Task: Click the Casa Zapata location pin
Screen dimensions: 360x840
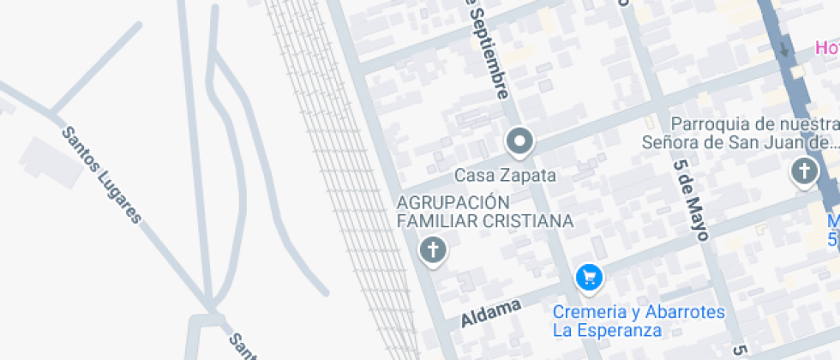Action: click(519, 141)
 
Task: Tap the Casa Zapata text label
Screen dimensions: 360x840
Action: click(505, 176)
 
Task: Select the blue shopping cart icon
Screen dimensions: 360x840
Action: click(589, 276)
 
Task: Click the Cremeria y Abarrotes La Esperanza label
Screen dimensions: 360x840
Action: click(639, 321)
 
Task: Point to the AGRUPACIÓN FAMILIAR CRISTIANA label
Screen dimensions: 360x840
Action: click(484, 212)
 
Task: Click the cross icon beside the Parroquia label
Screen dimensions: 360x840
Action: click(804, 172)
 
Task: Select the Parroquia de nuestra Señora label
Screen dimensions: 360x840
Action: click(740, 133)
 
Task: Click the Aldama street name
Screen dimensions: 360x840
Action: click(491, 313)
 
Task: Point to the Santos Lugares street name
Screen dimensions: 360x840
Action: click(100, 175)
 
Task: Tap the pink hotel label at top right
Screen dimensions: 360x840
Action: click(825, 49)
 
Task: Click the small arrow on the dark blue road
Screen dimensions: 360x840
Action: click(783, 48)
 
